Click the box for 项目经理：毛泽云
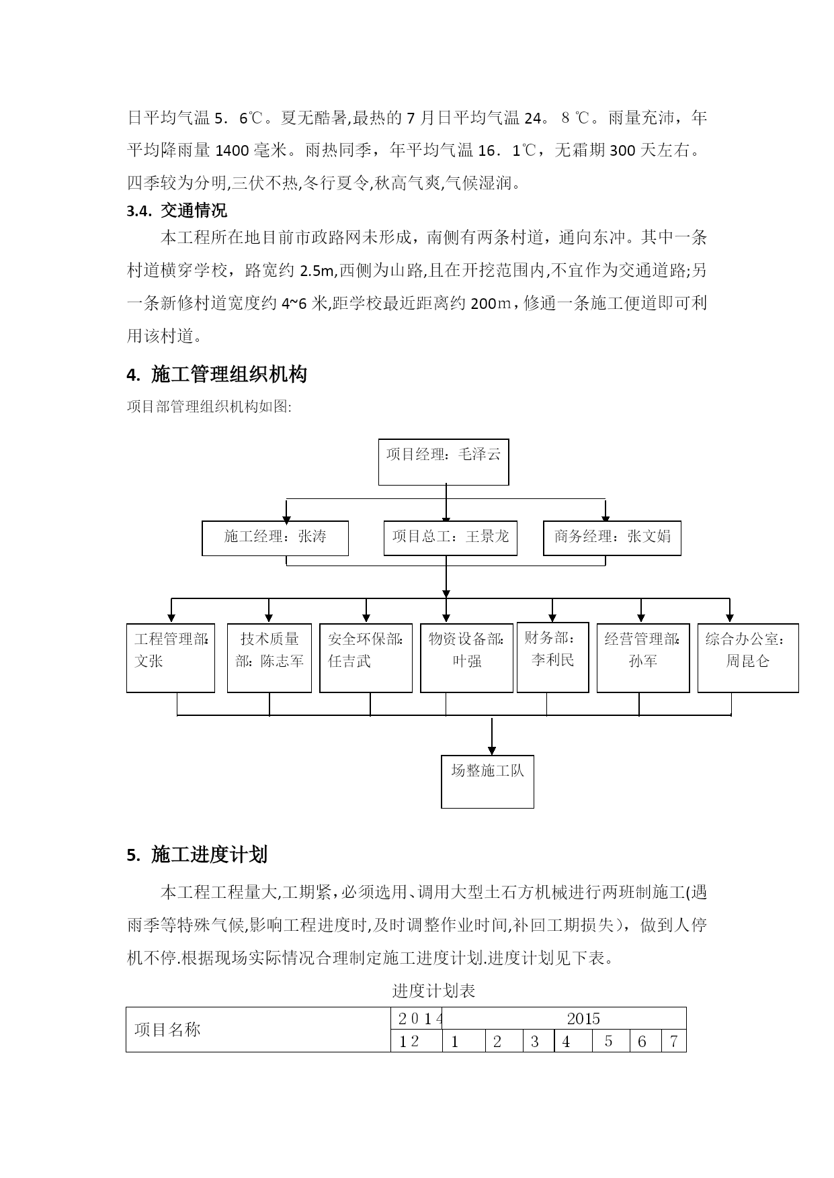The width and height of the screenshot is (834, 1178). (x=444, y=462)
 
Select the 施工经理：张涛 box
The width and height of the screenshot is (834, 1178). (x=275, y=538)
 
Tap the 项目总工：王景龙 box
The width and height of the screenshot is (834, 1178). (x=450, y=538)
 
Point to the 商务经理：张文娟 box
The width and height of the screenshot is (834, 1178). (x=612, y=538)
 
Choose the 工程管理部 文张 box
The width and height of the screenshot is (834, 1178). (x=171, y=658)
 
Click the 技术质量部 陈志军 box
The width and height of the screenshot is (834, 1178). (x=269, y=658)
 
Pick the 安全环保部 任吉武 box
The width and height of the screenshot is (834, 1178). (x=366, y=658)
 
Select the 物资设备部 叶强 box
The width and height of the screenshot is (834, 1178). (x=467, y=658)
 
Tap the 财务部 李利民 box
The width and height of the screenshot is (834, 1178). (x=553, y=658)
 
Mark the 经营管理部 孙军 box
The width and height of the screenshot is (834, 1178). (x=643, y=658)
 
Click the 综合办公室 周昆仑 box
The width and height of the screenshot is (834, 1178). (x=748, y=658)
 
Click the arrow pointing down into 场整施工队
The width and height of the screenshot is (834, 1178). (x=492, y=736)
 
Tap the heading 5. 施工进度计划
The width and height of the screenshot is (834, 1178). (x=197, y=854)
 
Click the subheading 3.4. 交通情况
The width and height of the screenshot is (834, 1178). (x=177, y=211)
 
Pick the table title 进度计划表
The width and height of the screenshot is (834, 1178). (x=433, y=991)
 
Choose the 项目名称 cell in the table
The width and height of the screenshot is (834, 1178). (x=259, y=1030)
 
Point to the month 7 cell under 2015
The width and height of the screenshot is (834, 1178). (x=674, y=1041)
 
